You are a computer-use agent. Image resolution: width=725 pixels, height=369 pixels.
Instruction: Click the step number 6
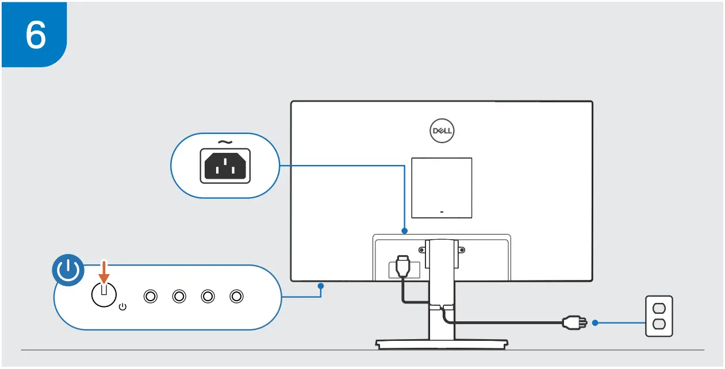tap(35, 34)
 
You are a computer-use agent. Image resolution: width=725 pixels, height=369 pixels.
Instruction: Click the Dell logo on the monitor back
tap(442, 131)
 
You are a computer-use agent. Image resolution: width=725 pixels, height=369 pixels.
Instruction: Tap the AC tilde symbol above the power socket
tap(225, 142)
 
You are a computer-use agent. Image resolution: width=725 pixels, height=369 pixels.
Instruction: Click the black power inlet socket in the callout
tap(225, 166)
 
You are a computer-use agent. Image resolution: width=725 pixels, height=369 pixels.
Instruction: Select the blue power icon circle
tap(68, 271)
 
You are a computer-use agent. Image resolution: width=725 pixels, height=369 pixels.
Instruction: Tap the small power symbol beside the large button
tap(122, 307)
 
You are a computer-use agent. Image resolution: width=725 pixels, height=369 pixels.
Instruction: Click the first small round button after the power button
tap(151, 296)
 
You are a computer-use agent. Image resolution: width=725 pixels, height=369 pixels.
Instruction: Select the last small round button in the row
tap(236, 296)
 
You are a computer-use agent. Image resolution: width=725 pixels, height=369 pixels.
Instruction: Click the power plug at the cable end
tap(575, 322)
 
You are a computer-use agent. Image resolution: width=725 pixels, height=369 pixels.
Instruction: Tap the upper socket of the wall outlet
tap(659, 308)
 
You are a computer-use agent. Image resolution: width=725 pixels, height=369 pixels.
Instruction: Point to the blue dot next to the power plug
tap(595, 322)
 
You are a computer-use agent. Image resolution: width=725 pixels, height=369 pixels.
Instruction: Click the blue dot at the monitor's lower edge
tap(321, 285)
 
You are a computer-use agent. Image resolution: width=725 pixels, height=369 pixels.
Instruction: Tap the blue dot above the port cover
tap(405, 231)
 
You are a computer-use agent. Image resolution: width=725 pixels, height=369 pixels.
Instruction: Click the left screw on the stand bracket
tap(422, 249)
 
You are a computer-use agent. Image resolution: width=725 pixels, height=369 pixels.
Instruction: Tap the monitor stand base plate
tap(442, 344)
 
